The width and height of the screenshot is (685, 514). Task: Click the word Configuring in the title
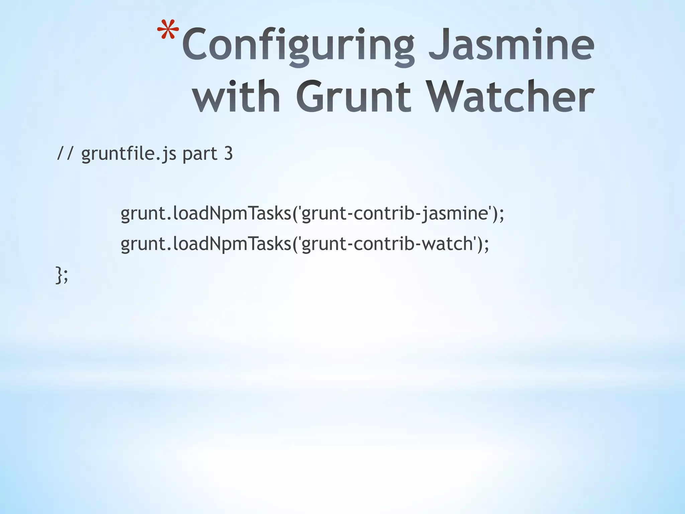click(298, 45)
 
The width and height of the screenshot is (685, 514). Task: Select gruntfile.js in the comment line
click(129, 154)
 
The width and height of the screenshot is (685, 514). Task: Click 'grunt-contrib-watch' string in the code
click(388, 243)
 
